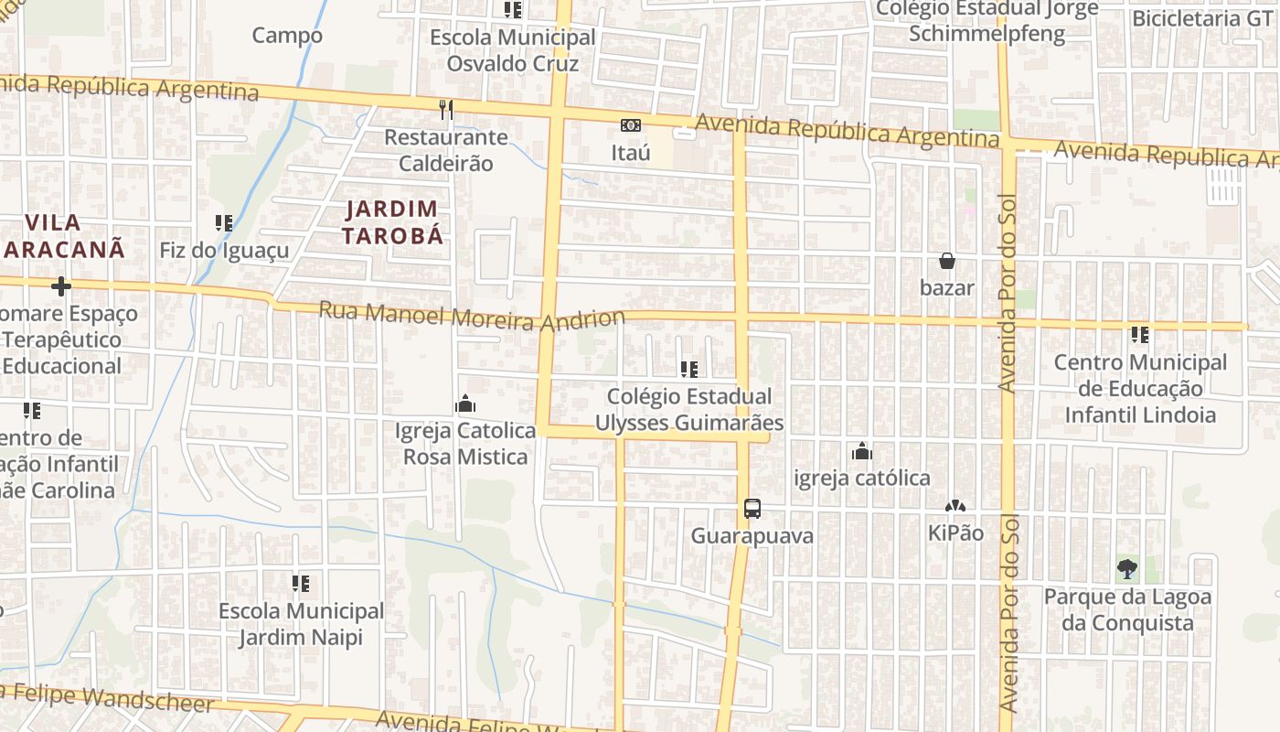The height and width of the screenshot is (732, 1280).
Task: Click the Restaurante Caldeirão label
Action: click(x=445, y=151)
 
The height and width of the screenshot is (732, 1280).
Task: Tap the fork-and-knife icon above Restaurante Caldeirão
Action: click(x=446, y=110)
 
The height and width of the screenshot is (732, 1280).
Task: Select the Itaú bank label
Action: click(x=631, y=153)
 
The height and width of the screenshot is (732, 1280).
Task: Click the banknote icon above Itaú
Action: click(x=631, y=125)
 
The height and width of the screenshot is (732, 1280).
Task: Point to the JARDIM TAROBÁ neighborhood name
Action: click(x=393, y=222)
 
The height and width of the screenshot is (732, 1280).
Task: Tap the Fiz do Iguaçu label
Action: click(x=224, y=251)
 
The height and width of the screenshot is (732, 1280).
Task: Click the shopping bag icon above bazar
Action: click(x=947, y=262)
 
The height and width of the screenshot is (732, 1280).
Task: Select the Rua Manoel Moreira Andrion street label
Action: click(x=471, y=316)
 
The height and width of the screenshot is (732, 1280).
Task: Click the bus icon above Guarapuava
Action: click(x=752, y=509)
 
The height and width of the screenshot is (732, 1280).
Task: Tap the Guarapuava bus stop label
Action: click(x=752, y=536)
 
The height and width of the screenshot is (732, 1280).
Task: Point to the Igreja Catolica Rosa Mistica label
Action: click(x=465, y=444)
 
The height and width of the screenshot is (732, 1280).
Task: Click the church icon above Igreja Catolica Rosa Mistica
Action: click(x=465, y=404)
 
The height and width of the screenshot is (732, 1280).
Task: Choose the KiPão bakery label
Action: click(x=955, y=533)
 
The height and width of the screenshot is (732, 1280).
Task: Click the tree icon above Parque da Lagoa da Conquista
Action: click(x=1127, y=569)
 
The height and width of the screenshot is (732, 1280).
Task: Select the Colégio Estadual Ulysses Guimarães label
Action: click(x=689, y=410)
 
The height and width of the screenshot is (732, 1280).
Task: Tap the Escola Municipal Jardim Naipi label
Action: click(x=301, y=624)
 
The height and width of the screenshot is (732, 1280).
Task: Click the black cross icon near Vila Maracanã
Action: click(x=61, y=286)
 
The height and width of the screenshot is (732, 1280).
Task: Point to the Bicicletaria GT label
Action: click(x=1201, y=18)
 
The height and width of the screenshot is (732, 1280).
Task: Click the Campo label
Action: click(x=287, y=36)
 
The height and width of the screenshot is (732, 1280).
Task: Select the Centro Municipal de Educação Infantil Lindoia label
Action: click(x=1140, y=389)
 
